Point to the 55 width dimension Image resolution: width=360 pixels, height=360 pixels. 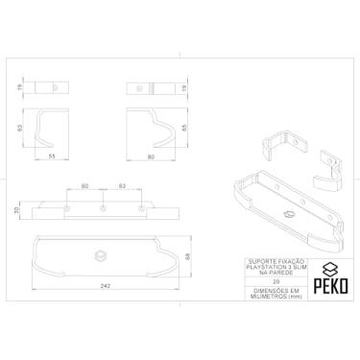[53, 156]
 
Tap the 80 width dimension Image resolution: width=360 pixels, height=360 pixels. [153, 156]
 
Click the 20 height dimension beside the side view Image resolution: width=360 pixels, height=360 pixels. [18, 209]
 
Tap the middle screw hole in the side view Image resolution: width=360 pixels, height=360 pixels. [102, 208]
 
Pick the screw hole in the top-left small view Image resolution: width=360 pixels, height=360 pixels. [52, 88]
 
